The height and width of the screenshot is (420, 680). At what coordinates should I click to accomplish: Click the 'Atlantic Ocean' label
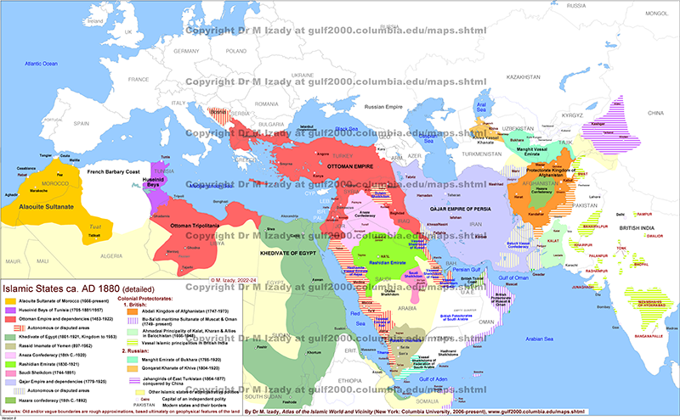coord(41,64)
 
